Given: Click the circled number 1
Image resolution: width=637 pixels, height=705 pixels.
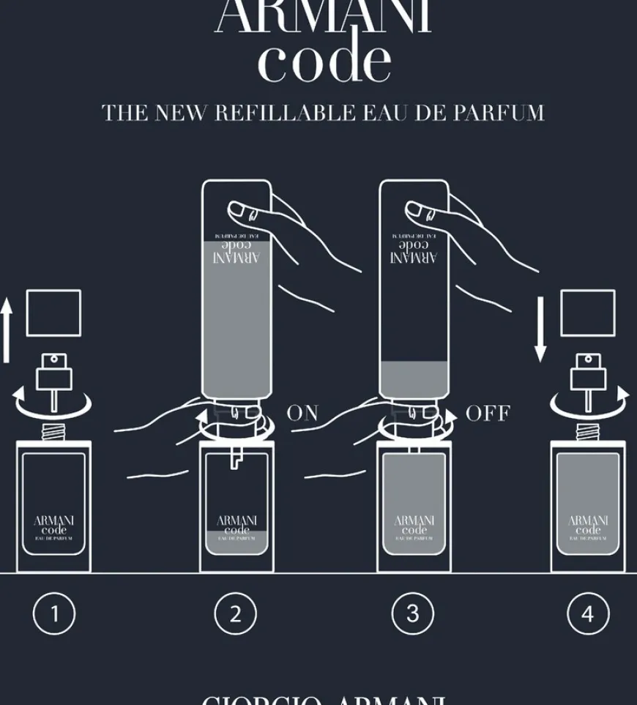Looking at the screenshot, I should tap(54, 613).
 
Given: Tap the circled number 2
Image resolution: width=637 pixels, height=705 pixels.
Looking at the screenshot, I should tap(235, 613).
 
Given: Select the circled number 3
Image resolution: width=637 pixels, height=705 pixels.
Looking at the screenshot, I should tap(413, 613).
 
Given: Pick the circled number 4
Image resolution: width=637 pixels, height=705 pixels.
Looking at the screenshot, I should tap(588, 613).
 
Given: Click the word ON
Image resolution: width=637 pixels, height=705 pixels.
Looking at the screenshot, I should tap(302, 413).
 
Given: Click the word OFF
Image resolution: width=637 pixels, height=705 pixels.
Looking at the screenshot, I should tap(488, 413).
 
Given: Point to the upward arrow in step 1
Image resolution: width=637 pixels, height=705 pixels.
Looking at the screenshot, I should tap(7, 332).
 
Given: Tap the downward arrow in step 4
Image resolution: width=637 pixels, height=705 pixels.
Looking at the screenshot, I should tap(540, 329).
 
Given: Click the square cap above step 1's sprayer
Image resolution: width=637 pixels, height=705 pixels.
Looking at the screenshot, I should tap(53, 313).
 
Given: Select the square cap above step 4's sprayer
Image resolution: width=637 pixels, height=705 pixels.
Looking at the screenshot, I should tap(588, 313).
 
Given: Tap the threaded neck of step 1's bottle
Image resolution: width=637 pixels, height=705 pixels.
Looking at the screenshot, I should tap(53, 432).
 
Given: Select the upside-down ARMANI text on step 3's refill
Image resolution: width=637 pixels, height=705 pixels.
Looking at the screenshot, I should tap(414, 257).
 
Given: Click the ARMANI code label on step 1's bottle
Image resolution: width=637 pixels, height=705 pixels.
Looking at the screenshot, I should tap(53, 526).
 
